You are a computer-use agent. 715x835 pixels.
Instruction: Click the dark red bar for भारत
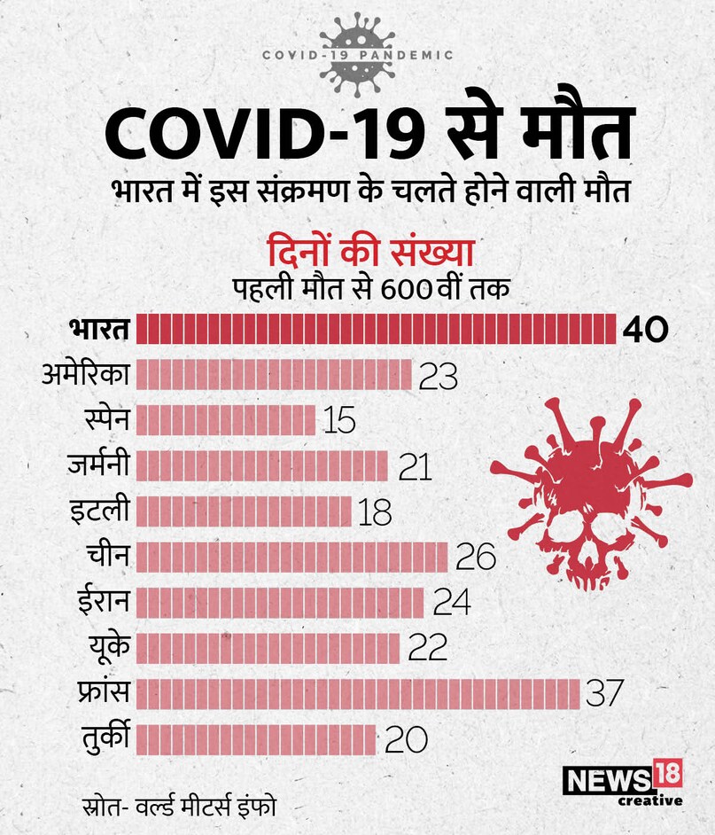(376, 329)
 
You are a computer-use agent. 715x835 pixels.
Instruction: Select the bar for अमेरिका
(274, 374)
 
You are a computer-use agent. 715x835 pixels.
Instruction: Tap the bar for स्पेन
(226, 419)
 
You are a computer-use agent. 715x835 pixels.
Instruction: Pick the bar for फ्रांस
(358, 693)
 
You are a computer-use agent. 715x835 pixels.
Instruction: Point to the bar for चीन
(291, 557)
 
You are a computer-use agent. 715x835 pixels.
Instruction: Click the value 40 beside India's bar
(644, 330)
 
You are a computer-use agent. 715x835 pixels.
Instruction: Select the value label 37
(605, 694)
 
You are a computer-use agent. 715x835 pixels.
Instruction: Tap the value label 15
(339, 420)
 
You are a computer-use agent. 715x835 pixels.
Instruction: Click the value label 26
(475, 558)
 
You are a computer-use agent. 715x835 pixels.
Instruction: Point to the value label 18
(376, 512)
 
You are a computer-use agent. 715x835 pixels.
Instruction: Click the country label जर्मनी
(98, 464)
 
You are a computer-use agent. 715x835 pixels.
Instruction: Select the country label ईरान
(104, 601)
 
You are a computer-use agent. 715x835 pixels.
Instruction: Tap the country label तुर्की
(104, 737)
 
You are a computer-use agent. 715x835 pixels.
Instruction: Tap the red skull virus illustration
(588, 494)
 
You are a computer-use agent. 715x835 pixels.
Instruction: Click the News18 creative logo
(623, 783)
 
